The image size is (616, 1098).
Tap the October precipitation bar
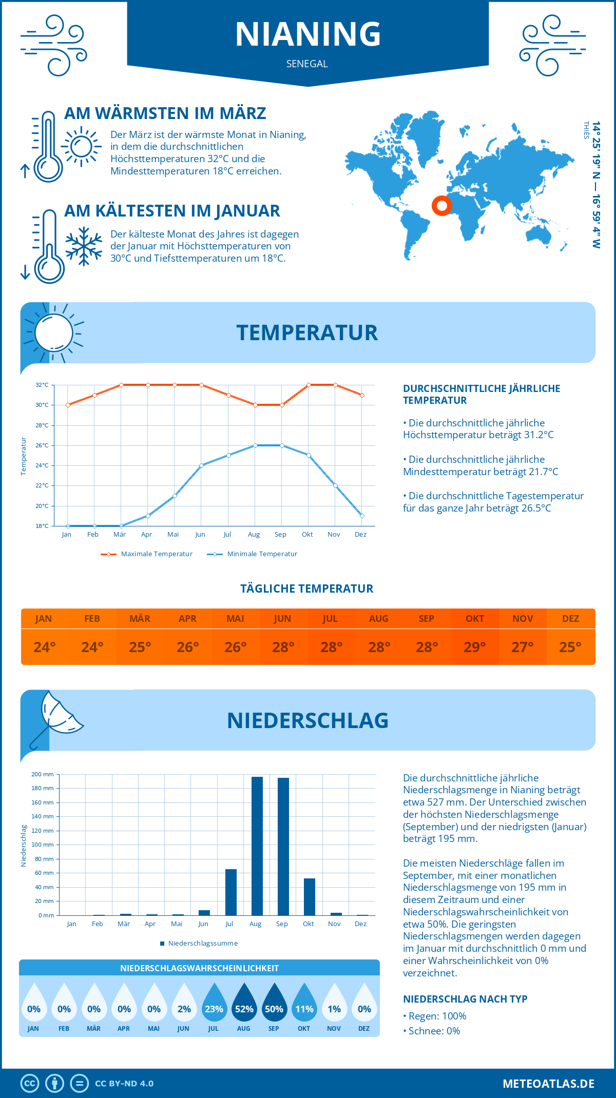309,896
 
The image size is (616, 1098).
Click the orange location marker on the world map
441,206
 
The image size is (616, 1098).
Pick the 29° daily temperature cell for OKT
475,646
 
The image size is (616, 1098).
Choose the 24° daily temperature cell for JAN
44,646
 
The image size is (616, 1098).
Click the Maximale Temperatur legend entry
147,554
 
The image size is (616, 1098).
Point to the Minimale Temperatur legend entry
253,554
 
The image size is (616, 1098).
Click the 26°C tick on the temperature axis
42,445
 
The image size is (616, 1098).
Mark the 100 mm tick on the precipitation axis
43,845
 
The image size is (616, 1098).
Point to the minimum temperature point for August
255,445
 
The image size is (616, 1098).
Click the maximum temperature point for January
68,405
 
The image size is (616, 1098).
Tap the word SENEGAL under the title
307,64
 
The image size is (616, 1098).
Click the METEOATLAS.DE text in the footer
548,1083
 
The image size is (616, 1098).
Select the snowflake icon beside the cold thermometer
84,246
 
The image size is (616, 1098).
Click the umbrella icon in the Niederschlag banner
54,718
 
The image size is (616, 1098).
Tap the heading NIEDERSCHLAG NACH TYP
465,999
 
